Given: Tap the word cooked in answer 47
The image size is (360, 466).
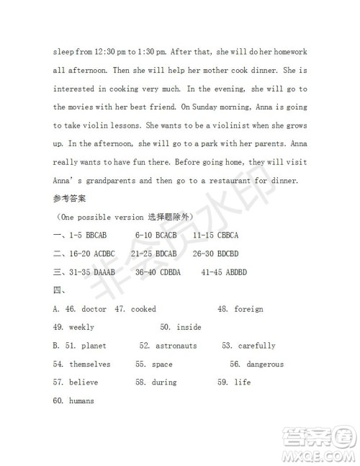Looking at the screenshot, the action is coord(143,309).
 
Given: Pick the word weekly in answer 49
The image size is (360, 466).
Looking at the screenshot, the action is coord(81,328).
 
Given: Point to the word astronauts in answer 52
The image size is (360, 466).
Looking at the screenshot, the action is coord(176,346).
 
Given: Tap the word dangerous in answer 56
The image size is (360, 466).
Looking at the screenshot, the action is coord(265,364).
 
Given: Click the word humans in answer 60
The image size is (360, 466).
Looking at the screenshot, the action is coord(81,401).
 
